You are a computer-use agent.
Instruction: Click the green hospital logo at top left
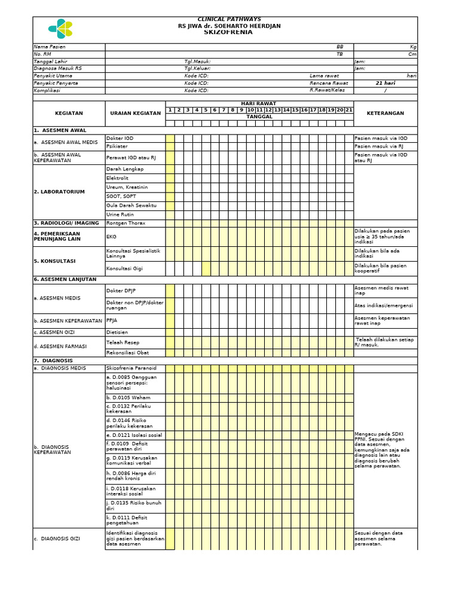pyautogui.click(x=60, y=28)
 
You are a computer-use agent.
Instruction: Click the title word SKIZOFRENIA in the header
pyautogui.click(x=228, y=32)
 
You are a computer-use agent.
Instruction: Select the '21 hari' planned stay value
pyautogui.click(x=385, y=83)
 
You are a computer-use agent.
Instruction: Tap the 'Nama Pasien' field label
pyautogui.click(x=50, y=47)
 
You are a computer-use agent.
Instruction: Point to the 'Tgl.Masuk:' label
pyautogui.click(x=197, y=62)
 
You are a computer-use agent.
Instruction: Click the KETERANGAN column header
pyautogui.click(x=385, y=113)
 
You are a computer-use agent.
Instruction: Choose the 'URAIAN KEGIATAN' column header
pyautogui.click(x=135, y=113)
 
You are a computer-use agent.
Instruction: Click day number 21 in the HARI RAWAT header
pyautogui.click(x=349, y=110)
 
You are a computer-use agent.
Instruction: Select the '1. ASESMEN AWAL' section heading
pyautogui.click(x=60, y=130)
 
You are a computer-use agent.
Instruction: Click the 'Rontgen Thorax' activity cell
pyautogui.click(x=126, y=223)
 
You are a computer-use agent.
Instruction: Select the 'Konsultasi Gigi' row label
pyautogui.click(x=125, y=268)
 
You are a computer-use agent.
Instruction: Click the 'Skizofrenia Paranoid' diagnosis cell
pyautogui.click(x=131, y=369)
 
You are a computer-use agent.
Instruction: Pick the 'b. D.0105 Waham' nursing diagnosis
pyautogui.click(x=128, y=397)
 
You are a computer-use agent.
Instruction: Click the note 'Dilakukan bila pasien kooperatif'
pyautogui.click(x=381, y=268)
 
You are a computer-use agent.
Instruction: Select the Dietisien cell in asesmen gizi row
pyautogui.click(x=118, y=332)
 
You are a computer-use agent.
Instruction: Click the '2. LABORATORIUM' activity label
pyautogui.click(x=59, y=192)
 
